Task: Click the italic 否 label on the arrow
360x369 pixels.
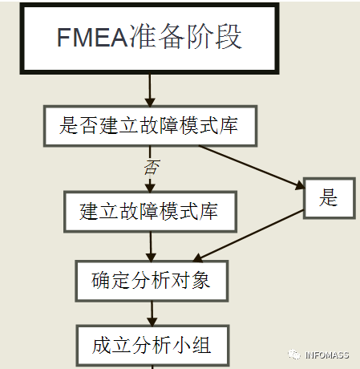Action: click(x=152, y=168)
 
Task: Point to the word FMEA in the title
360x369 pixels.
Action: click(x=92, y=38)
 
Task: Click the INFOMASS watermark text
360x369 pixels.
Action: click(x=327, y=355)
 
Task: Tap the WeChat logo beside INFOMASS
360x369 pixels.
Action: click(x=294, y=355)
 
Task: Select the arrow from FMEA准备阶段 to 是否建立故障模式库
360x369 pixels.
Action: click(x=150, y=90)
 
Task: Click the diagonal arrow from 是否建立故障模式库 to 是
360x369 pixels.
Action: click(x=252, y=168)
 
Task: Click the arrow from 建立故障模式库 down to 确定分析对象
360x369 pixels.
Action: click(x=151, y=246)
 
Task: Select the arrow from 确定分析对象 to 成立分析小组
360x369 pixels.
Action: click(x=152, y=314)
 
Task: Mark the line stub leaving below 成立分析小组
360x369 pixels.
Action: click(x=152, y=367)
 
